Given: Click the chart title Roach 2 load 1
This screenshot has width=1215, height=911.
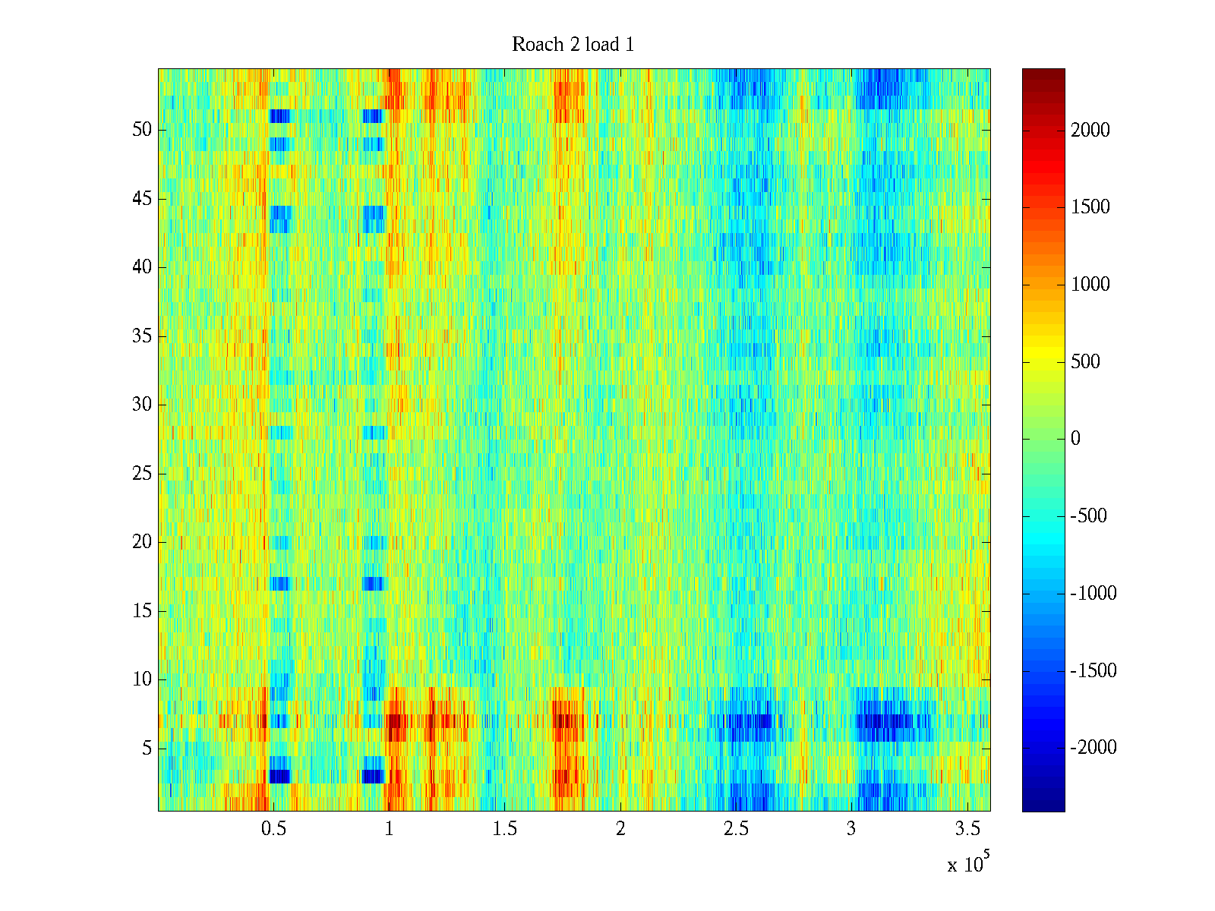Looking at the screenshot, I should click(573, 45).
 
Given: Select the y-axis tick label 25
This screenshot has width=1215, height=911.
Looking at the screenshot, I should click(142, 474).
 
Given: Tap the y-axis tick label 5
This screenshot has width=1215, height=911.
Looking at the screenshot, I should click(147, 749).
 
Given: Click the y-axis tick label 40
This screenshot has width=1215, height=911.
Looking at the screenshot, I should click(142, 267).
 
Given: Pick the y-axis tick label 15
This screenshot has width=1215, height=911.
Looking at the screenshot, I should click(142, 611).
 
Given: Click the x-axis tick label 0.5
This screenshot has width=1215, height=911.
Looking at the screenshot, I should click(273, 829).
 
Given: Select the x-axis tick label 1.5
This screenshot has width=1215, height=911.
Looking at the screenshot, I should click(505, 829).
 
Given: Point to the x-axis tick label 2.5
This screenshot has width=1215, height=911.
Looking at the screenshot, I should click(736, 829).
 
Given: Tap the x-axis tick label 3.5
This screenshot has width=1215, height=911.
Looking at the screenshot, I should click(967, 829).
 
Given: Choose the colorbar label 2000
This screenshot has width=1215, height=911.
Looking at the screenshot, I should click(1090, 131).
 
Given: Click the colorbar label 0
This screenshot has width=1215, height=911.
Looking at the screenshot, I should click(1075, 439).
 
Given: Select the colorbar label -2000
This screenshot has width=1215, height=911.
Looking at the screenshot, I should click(1093, 748).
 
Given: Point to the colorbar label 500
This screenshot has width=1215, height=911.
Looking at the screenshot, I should click(1085, 362).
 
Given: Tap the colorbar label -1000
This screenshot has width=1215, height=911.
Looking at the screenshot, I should click(1093, 594).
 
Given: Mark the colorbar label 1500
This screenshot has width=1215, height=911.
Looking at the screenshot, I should click(1090, 207).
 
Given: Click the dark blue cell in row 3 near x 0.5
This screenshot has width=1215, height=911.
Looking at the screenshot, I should click(279, 776).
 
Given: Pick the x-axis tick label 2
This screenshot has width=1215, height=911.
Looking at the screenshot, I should click(620, 829).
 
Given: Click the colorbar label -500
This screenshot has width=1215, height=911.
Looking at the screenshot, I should click(1089, 516).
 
